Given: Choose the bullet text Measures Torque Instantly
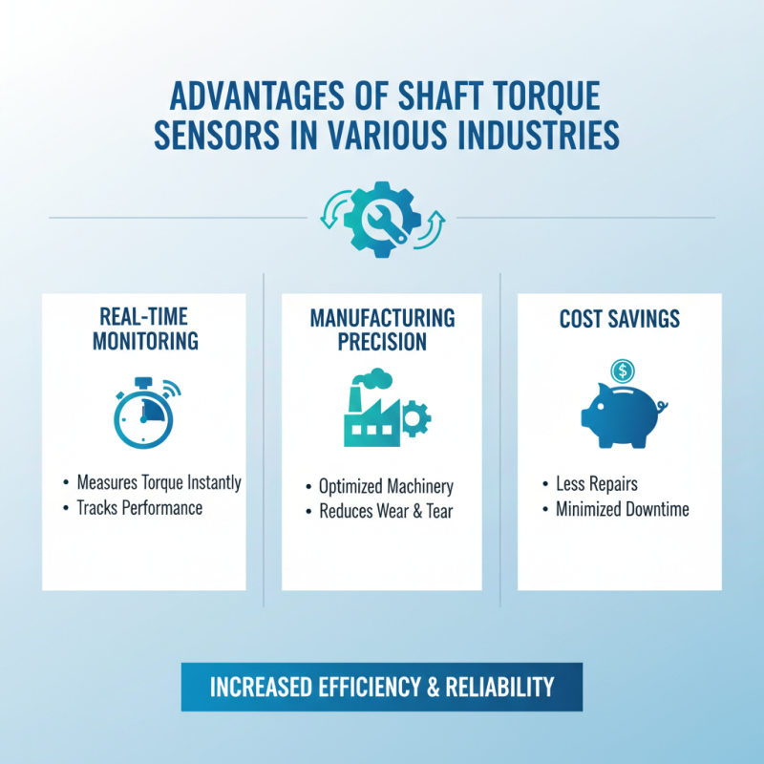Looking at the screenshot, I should (x=159, y=482).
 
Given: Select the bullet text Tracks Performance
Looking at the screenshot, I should (x=139, y=508).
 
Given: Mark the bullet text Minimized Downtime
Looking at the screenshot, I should (x=622, y=509).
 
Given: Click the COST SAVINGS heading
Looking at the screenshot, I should (x=619, y=318).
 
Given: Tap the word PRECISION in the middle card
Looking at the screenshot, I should (x=382, y=342).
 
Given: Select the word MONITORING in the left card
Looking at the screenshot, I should (x=143, y=341).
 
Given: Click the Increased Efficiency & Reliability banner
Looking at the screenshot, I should (x=382, y=687).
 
